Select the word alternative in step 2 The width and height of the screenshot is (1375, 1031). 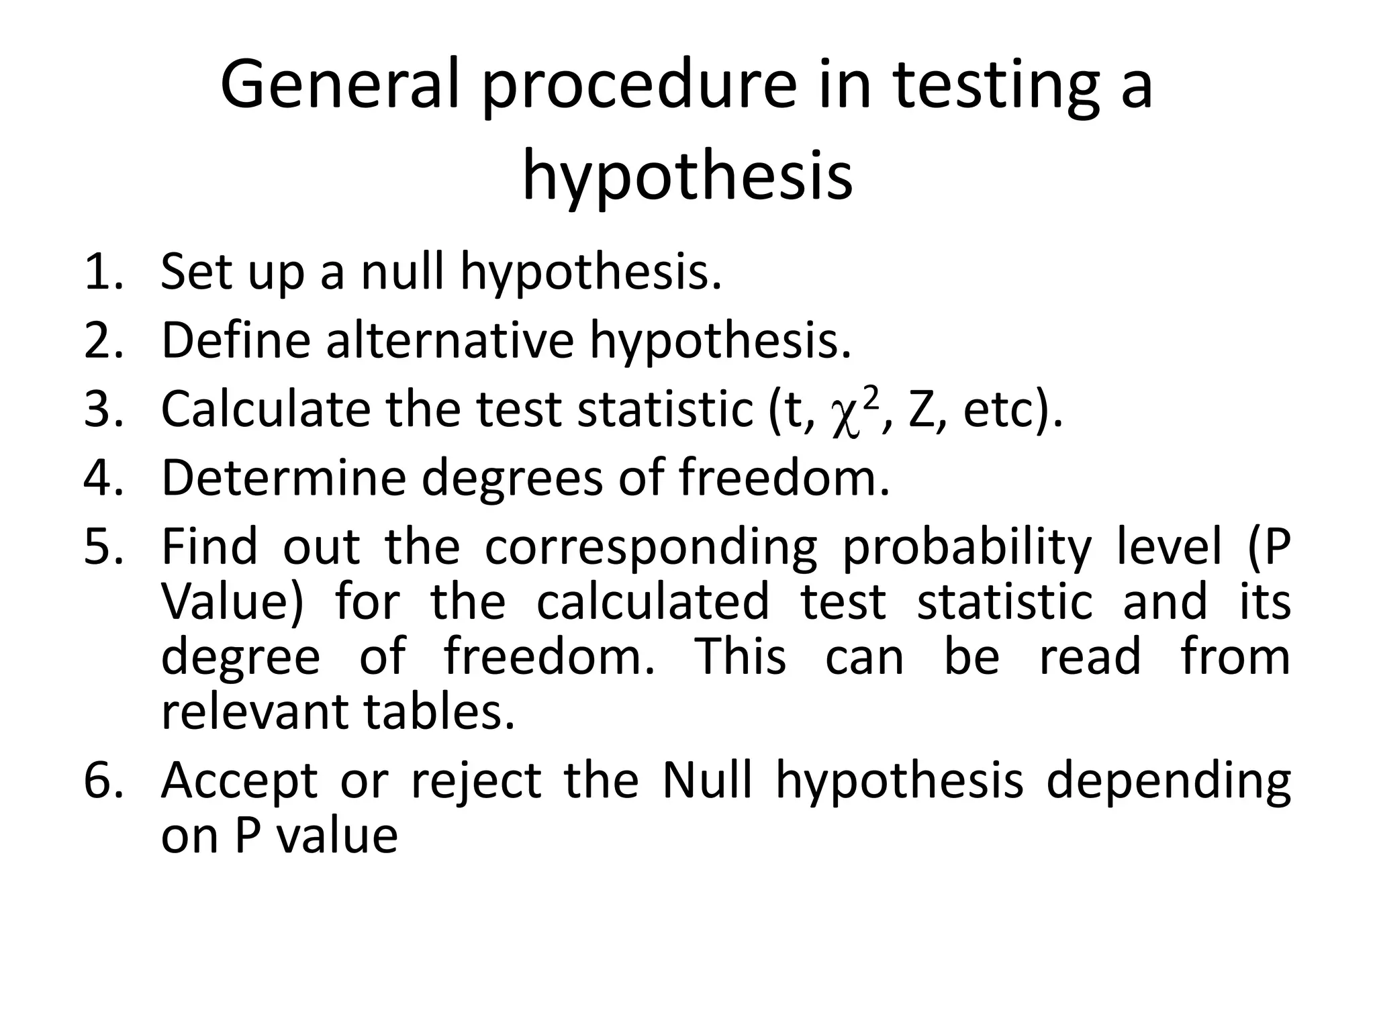(450, 340)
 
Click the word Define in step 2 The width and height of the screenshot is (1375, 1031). (236, 340)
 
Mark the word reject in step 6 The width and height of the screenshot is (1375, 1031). (477, 783)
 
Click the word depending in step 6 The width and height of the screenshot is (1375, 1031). (1168, 783)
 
